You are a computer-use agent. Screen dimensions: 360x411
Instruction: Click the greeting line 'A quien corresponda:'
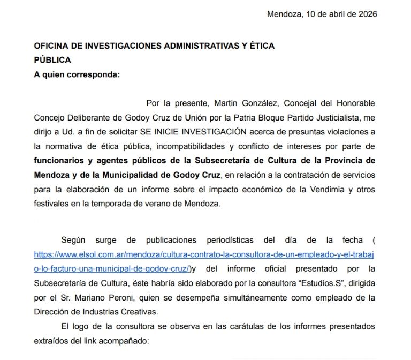pyautogui.click(x=77, y=74)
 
